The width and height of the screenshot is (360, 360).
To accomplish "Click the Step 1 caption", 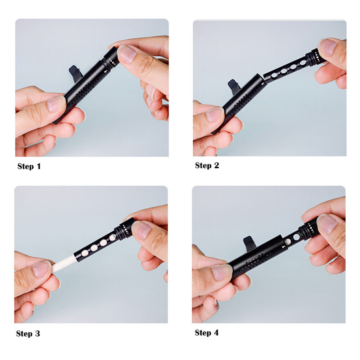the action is (x=29, y=166).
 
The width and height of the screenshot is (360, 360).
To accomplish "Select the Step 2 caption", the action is (x=207, y=165).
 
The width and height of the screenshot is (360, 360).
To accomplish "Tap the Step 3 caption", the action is (x=28, y=333).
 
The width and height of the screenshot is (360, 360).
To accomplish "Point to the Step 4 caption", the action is (x=207, y=332).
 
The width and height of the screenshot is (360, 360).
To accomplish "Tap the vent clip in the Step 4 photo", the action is (x=250, y=243).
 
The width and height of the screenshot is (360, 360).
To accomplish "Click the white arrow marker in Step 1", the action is (x=105, y=71).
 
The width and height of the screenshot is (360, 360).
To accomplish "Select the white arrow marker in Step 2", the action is (x=263, y=84).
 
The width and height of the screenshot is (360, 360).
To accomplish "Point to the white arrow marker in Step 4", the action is (x=284, y=247).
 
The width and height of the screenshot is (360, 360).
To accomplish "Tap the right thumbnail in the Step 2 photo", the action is (x=327, y=47).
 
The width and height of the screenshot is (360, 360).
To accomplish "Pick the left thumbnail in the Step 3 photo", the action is (x=41, y=269).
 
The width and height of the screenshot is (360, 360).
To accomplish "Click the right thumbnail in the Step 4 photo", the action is (x=327, y=224).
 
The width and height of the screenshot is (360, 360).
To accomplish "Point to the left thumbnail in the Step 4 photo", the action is (x=222, y=273).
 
